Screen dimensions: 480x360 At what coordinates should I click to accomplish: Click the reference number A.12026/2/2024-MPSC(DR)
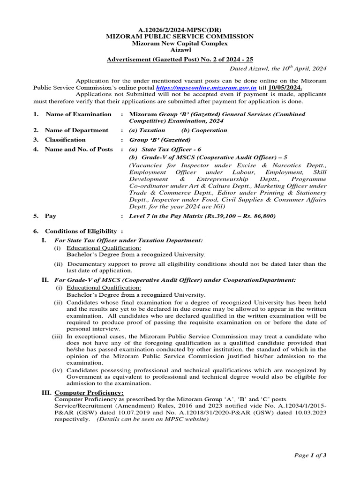pyautogui.click(x=180, y=30)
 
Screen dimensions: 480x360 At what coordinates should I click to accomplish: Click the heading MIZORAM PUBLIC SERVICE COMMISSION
pyautogui.click(x=180, y=37)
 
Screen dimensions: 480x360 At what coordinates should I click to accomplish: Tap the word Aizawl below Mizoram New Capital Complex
pyautogui.click(x=180, y=50)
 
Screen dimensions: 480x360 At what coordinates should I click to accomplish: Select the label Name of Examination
pyautogui.click(x=78, y=114)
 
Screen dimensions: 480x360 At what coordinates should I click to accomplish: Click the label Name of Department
pyautogui.click(x=76, y=130)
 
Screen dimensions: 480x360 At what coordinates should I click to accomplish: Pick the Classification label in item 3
pyautogui.click(x=65, y=140)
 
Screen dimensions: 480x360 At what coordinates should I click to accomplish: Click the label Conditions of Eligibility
pyautogui.click(x=81, y=231)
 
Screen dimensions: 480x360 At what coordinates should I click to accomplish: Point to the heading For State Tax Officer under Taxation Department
pyautogui.click(x=129, y=240)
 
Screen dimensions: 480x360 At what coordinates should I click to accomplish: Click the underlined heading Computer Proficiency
pyautogui.click(x=89, y=392)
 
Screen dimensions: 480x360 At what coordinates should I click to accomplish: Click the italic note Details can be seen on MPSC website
pyautogui.click(x=152, y=420)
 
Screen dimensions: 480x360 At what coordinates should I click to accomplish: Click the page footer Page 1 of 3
pyautogui.click(x=310, y=455)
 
